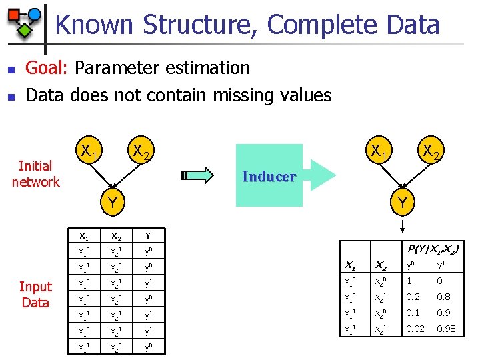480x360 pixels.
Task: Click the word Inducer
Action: [269, 177]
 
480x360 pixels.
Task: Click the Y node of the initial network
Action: [115, 201]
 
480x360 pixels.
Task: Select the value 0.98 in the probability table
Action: [447, 329]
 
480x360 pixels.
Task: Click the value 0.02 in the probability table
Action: [416, 329]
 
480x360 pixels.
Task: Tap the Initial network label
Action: [35, 173]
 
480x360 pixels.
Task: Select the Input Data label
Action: [35, 294]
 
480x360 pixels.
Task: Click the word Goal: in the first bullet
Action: [47, 68]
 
